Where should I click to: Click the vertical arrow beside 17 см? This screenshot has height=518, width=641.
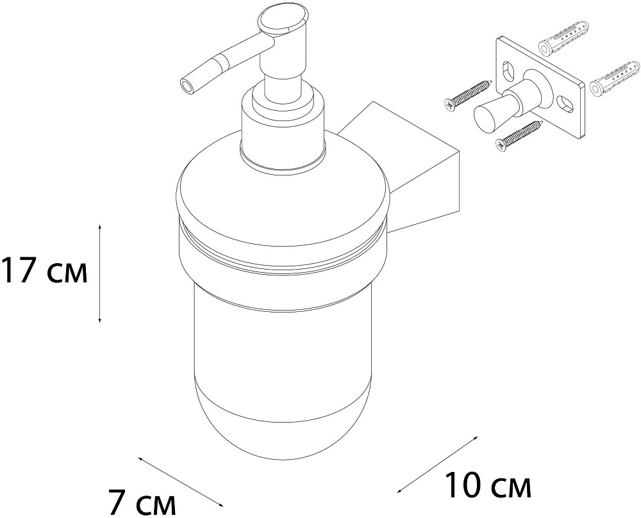click(x=100, y=273)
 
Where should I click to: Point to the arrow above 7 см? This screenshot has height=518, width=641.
click(x=181, y=482)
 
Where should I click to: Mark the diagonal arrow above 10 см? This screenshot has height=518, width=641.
click(x=437, y=464)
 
